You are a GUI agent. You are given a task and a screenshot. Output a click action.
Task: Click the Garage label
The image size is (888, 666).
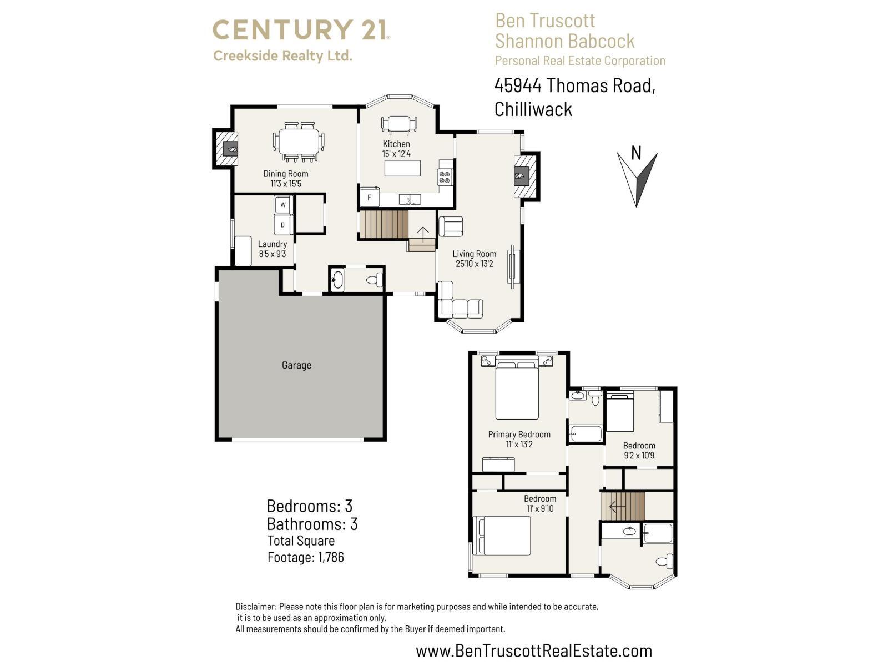click(296, 365)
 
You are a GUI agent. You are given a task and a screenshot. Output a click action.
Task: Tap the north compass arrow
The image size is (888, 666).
click(637, 179)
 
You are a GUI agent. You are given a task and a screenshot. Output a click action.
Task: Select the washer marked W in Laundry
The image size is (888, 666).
click(283, 205)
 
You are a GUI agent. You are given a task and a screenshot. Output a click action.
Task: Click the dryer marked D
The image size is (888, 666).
click(283, 225)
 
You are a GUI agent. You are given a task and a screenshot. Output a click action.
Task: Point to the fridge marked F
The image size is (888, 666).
click(370, 198)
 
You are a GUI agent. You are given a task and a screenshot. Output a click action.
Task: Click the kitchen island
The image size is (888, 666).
click(402, 168)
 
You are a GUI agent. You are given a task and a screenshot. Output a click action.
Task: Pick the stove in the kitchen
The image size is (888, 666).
click(445, 177)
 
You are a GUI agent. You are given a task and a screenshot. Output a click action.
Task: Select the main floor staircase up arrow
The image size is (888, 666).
click(423, 236)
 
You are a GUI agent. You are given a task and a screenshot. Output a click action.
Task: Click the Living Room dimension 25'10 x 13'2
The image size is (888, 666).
click(474, 264)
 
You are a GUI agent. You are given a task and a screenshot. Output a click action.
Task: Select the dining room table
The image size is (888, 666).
click(299, 142)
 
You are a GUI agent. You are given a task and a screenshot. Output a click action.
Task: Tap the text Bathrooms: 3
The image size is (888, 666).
click(312, 524)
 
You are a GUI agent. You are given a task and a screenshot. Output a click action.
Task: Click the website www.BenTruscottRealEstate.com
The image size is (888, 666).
click(533, 650)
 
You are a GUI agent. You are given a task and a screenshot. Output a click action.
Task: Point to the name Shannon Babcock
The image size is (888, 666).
click(564, 41)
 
